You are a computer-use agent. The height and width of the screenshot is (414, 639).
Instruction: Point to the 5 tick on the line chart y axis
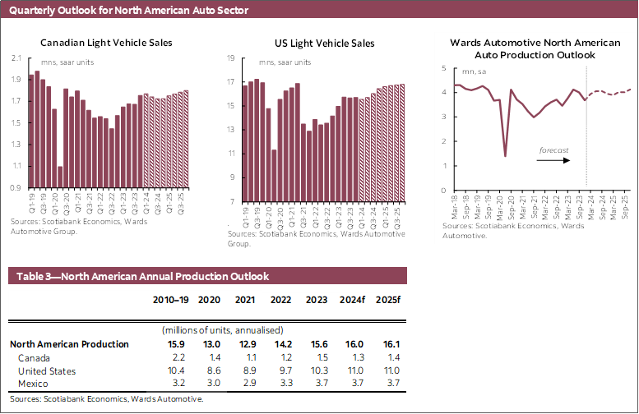(444, 68)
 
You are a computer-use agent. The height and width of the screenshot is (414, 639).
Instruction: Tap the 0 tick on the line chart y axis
(444, 191)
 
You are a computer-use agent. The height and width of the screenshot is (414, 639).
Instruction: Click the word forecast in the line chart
(553, 150)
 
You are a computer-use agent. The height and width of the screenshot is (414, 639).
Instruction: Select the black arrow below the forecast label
(552, 162)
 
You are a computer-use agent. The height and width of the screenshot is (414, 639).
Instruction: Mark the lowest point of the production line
(505, 156)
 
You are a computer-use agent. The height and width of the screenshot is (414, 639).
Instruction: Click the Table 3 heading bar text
(139, 277)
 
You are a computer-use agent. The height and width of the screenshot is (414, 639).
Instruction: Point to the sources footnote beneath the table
(105, 398)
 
